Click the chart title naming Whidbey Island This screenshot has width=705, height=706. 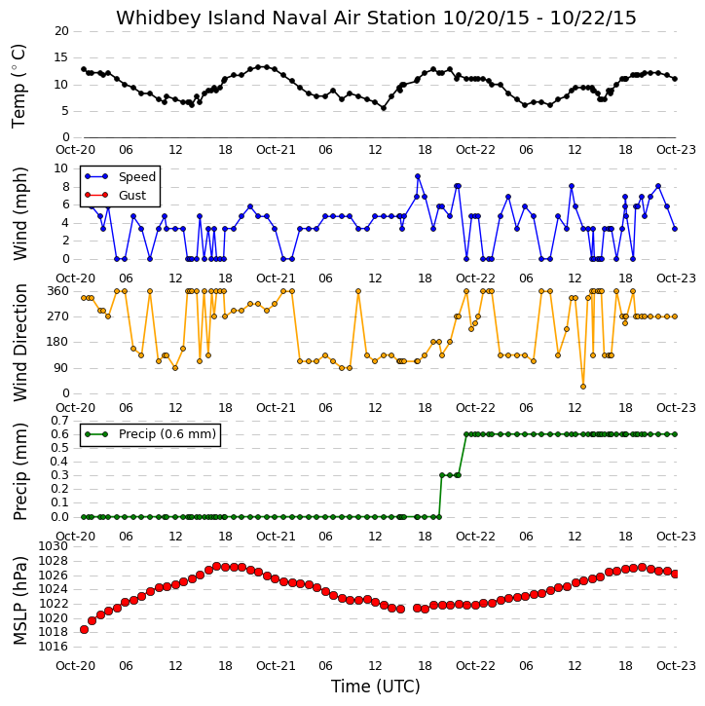pyautogui.click(x=376, y=18)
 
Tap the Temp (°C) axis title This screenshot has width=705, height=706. pyautogui.click(x=19, y=86)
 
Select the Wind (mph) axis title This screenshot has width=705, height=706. pyautogui.click(x=19, y=214)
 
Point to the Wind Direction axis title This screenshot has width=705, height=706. pyautogui.click(x=19, y=343)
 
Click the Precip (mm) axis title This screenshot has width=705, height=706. pyautogui.click(x=19, y=472)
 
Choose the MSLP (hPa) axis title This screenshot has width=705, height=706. pyautogui.click(x=19, y=601)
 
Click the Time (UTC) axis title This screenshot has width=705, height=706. pyautogui.click(x=376, y=687)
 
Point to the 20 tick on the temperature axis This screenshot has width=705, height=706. pyautogui.click(x=61, y=31)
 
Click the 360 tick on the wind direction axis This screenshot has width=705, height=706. pyautogui.click(x=58, y=291)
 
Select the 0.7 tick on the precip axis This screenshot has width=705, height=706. pyautogui.click(x=59, y=421)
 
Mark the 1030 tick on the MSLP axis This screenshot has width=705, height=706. pyautogui.click(x=55, y=546)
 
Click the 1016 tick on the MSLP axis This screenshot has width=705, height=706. pyautogui.click(x=55, y=647)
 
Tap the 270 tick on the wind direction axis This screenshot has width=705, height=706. pyautogui.click(x=58, y=316)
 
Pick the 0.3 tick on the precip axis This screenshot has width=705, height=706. pyautogui.click(x=59, y=475)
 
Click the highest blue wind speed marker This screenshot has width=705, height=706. pyautogui.click(x=418, y=177)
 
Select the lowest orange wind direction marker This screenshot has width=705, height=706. pyautogui.click(x=583, y=387)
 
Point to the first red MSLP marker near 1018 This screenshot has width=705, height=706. pyautogui.click(x=84, y=629)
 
